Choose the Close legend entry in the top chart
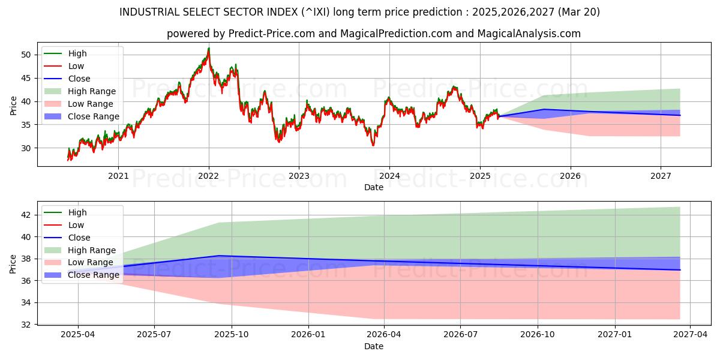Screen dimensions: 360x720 click(x=79, y=79)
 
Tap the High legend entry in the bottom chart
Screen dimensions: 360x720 click(x=77, y=212)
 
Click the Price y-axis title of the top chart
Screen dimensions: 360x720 click(x=13, y=106)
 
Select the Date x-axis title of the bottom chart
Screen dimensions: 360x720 click(x=373, y=346)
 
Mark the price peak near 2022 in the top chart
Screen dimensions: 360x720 click(x=209, y=48)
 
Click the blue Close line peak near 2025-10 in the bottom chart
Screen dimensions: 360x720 click(x=218, y=256)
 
